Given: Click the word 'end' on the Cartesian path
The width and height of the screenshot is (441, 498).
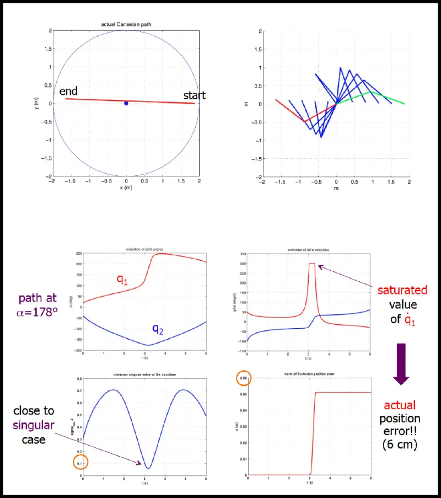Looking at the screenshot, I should (69, 91).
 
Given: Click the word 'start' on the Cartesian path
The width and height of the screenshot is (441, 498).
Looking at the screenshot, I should (194, 95).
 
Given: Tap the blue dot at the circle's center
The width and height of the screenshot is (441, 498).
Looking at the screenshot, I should (126, 103).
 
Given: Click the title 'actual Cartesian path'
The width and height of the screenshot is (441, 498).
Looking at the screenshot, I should (126, 25).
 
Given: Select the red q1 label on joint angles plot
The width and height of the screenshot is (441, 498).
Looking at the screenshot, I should (122, 279).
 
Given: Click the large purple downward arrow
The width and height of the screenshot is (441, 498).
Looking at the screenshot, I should (401, 363).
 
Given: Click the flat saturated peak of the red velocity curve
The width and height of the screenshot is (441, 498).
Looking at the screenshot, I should (312, 264).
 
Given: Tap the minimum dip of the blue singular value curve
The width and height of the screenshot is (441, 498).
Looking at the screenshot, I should (148, 468).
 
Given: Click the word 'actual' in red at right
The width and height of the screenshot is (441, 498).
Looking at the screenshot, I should (401, 405).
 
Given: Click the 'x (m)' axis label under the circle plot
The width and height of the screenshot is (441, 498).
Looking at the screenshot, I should (126, 188).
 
